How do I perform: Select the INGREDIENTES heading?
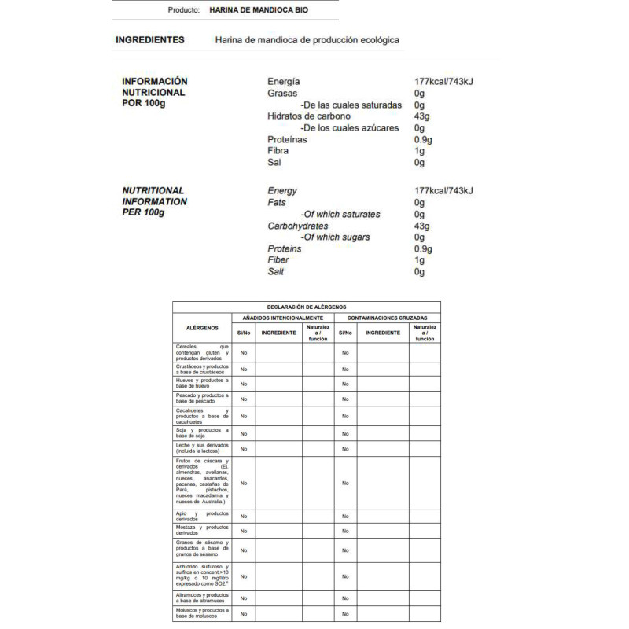tap(149, 40)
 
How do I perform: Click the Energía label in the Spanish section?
tap(284, 82)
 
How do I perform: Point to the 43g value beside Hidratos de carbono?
tap(423, 116)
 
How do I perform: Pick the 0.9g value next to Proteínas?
tap(425, 139)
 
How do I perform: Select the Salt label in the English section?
tap(276, 272)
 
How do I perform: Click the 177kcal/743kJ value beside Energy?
tap(443, 191)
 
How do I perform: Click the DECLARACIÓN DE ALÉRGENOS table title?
tap(307, 307)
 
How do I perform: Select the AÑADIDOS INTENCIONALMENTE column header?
tap(284, 318)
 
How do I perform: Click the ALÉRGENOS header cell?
tap(202, 329)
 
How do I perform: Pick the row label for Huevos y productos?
tap(202, 384)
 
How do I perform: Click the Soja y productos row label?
tap(202, 433)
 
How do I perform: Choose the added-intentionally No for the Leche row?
tap(244, 449)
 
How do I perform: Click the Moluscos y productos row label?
tap(202, 613)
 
